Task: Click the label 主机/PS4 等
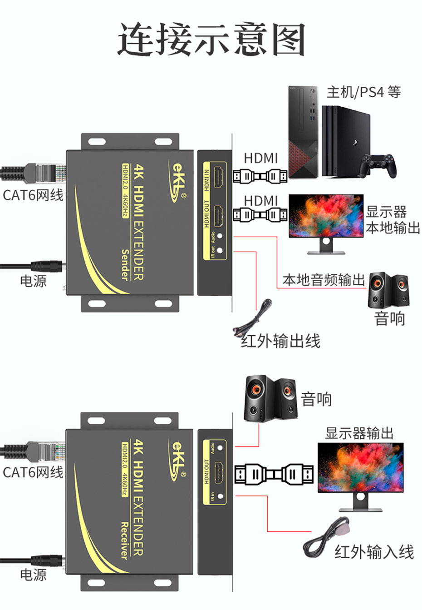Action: (x=363, y=92)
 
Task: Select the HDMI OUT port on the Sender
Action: (x=219, y=216)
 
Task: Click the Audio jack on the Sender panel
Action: (x=221, y=236)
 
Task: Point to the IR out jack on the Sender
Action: (x=221, y=250)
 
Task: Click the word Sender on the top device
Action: (x=125, y=264)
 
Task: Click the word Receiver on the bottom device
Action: (x=125, y=540)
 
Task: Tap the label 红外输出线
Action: (x=280, y=341)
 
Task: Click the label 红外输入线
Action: (x=374, y=552)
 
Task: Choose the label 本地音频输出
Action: (x=324, y=280)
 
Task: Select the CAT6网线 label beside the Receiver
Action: (x=33, y=472)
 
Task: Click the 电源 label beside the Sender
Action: (x=33, y=281)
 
